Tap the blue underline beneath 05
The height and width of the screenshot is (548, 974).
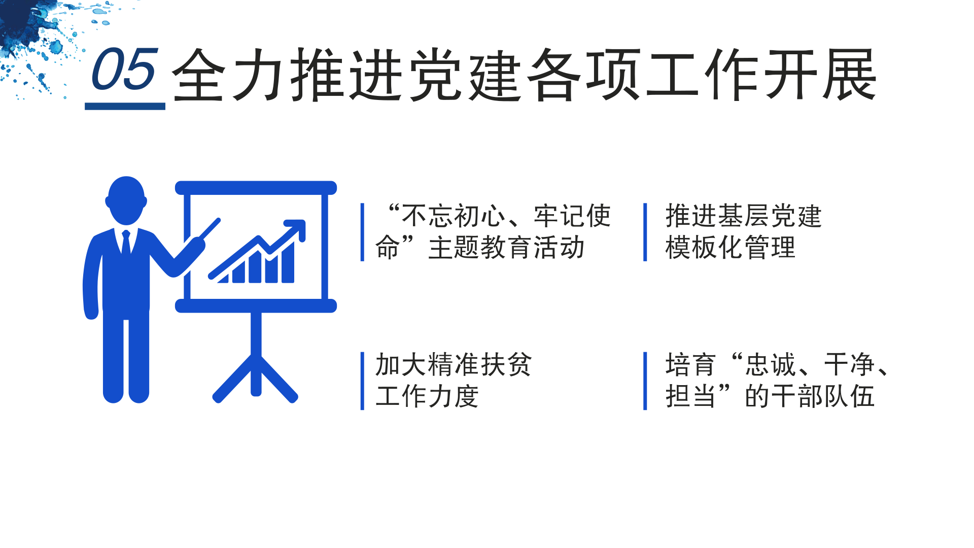[x=125, y=106]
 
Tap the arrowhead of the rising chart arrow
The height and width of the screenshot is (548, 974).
[x=296, y=229]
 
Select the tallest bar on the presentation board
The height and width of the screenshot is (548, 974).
[x=288, y=262]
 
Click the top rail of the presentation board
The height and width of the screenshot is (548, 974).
[x=256, y=188]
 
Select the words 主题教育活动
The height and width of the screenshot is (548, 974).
[x=506, y=248]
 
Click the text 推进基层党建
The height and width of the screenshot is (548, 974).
[x=743, y=216]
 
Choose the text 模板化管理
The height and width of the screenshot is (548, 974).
[x=730, y=248]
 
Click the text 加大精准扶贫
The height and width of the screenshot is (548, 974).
[x=453, y=364]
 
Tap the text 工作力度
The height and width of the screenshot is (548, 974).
[x=427, y=396]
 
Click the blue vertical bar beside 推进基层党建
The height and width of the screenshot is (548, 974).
[x=645, y=232]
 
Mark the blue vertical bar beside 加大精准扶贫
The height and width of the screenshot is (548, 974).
[x=362, y=381]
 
